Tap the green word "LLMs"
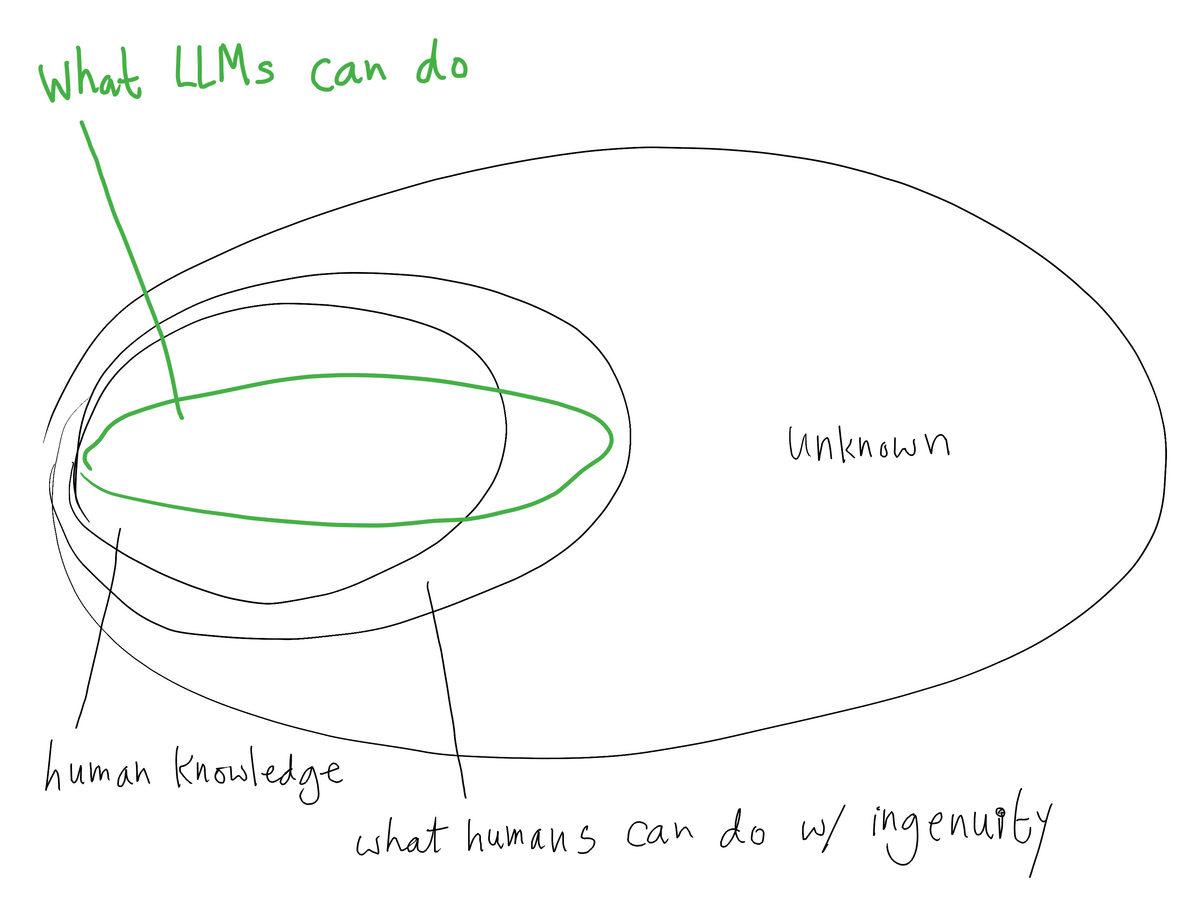[x=224, y=68]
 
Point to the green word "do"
[x=442, y=65]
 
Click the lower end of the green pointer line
[x=182, y=418]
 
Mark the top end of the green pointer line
[x=82, y=122]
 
